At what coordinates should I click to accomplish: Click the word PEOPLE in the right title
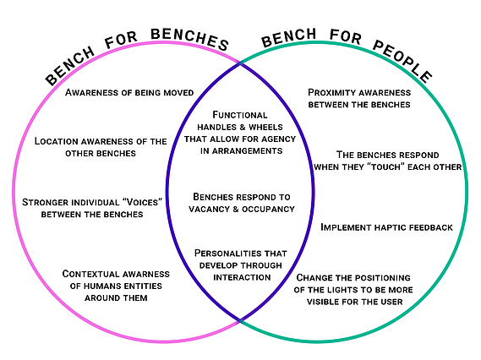click(x=402, y=61)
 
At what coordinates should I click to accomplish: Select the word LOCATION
click(x=57, y=141)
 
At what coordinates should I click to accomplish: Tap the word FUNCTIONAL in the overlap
click(x=240, y=115)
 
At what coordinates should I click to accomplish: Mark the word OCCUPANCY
click(x=268, y=209)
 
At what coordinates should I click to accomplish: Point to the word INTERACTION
click(x=242, y=277)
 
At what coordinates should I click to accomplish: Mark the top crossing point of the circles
click(x=240, y=63)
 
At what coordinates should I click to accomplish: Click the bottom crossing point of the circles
click(x=240, y=321)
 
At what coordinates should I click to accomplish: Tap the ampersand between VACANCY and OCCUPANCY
click(x=236, y=209)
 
